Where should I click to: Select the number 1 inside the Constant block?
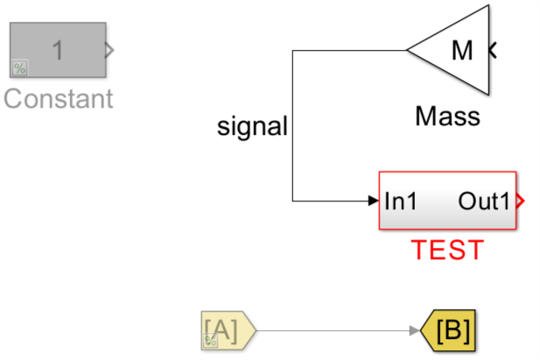tap(58, 51)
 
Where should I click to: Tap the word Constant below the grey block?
tap(58, 98)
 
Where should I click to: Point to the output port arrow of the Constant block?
tap(109, 51)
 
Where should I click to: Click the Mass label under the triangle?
tap(447, 116)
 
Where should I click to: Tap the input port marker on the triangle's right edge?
tap(493, 51)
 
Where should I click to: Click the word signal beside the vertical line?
tap(252, 127)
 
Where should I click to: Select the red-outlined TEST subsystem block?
tap(446, 201)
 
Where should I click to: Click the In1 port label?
tap(401, 201)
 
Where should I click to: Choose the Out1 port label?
tap(483, 201)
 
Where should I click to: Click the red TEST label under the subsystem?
tap(447, 251)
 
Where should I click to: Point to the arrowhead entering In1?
tap(373, 201)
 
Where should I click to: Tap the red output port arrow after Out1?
tap(520, 201)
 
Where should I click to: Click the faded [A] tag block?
tap(226, 330)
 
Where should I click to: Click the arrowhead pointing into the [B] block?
tap(415, 330)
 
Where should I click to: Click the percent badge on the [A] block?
tap(210, 342)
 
